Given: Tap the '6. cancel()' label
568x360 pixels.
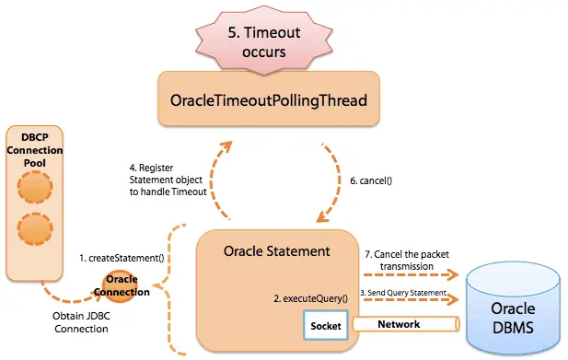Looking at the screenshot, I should pyautogui.click(x=371, y=180).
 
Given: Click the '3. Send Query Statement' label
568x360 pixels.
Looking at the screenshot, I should pyautogui.click(x=402, y=292).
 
